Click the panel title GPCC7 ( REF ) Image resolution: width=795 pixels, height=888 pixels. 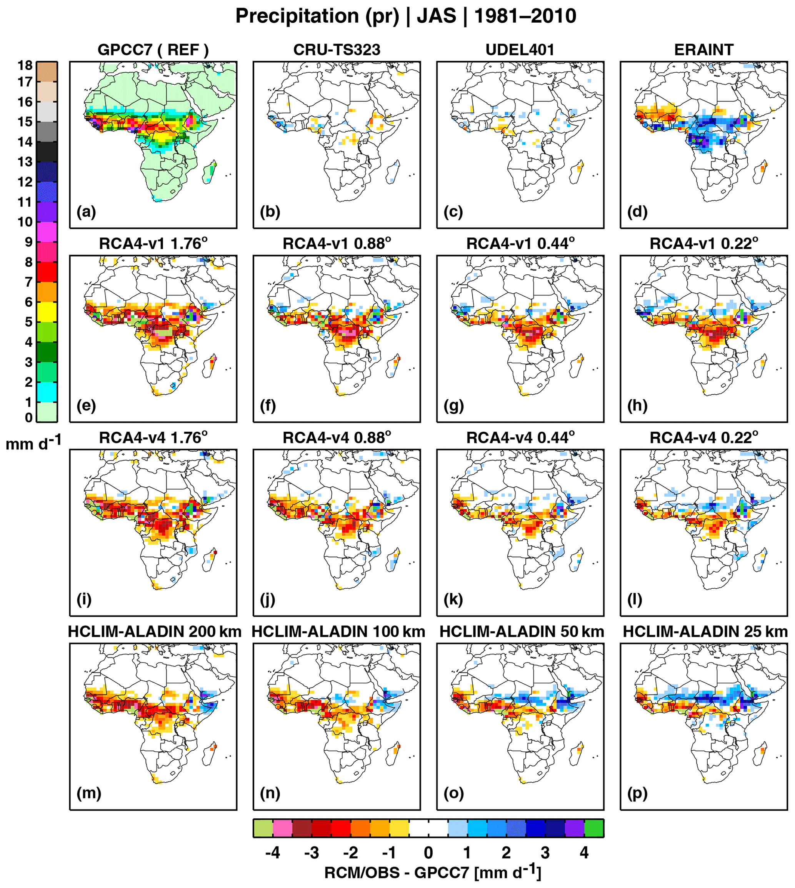tap(153, 50)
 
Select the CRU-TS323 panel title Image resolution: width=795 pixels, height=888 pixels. tap(337, 50)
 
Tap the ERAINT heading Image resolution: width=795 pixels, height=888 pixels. tap(704, 50)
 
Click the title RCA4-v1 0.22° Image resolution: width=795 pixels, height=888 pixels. tap(704, 244)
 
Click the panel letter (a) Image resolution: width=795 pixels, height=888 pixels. tap(86, 212)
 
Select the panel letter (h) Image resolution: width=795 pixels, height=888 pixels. tap(637, 406)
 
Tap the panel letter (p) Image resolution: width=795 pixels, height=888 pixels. tap(637, 793)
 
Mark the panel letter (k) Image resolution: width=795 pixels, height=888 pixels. tap(453, 599)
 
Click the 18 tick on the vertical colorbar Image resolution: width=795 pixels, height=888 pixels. tap(25, 65)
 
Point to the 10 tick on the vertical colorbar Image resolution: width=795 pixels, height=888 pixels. tap(25, 222)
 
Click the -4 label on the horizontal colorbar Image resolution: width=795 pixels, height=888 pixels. tap(273, 853)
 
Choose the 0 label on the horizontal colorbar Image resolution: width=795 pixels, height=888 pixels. tap(428, 853)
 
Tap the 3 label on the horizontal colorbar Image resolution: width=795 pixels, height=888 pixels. tap(545, 853)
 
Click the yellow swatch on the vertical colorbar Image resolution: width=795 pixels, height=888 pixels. tap(47, 312)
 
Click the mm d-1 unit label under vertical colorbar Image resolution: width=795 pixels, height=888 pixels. tap(33, 444)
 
